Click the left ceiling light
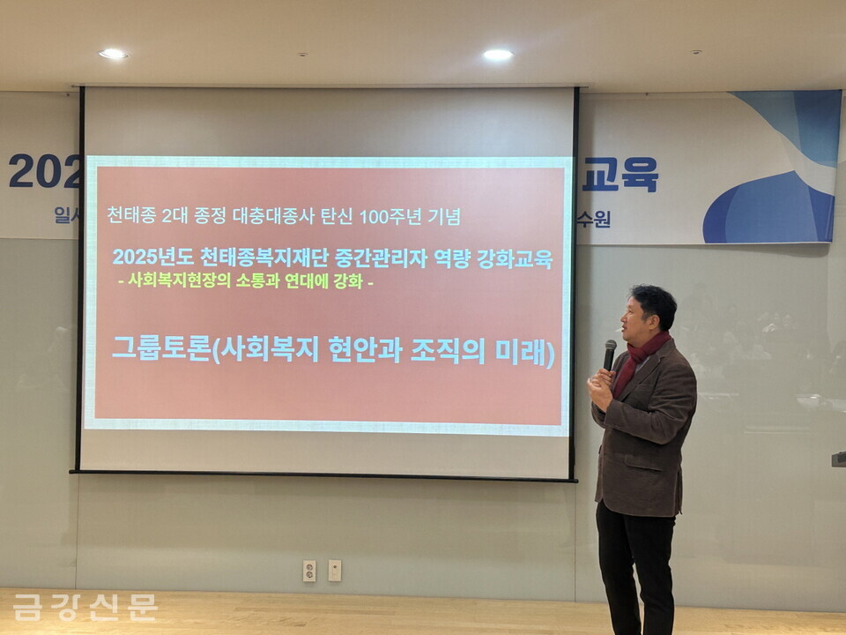coord(113,54)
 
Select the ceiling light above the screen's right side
coord(497,55)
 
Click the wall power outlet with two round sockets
coord(309,571)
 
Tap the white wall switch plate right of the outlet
coord(335,570)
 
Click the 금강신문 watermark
coord(85,607)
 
